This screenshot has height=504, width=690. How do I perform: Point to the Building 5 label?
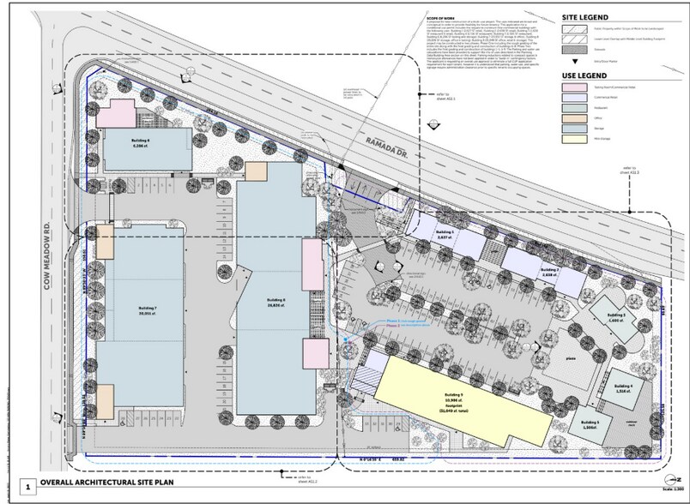click(x=588, y=423)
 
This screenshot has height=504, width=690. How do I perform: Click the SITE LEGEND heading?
click(x=586, y=16)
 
